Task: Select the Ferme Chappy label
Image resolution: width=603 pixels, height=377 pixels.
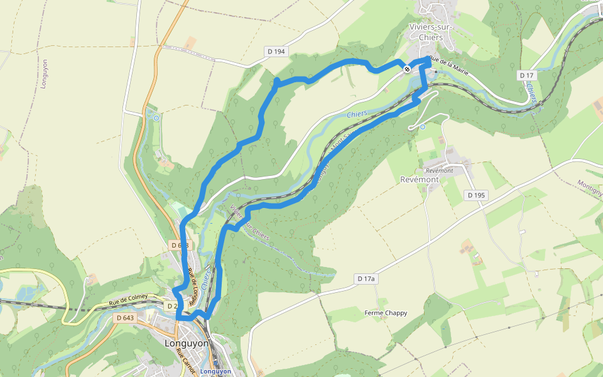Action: coord(386,313)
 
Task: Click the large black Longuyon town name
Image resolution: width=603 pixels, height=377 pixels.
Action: coord(186,344)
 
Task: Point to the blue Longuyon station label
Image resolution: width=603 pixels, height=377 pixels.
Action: coord(215,371)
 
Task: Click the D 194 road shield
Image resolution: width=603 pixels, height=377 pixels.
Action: coord(275,52)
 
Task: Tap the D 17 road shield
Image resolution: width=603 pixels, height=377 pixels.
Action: coord(526,75)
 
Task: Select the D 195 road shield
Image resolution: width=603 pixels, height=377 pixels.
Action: coord(477,195)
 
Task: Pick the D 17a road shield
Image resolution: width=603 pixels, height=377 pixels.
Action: coord(366,278)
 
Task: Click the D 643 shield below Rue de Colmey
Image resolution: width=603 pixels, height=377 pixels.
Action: coord(126,318)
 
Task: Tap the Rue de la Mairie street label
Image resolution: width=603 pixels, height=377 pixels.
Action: coord(450,63)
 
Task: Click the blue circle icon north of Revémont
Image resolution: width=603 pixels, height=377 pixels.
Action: coord(422,127)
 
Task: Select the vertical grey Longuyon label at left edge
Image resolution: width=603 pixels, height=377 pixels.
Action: coord(45,75)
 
